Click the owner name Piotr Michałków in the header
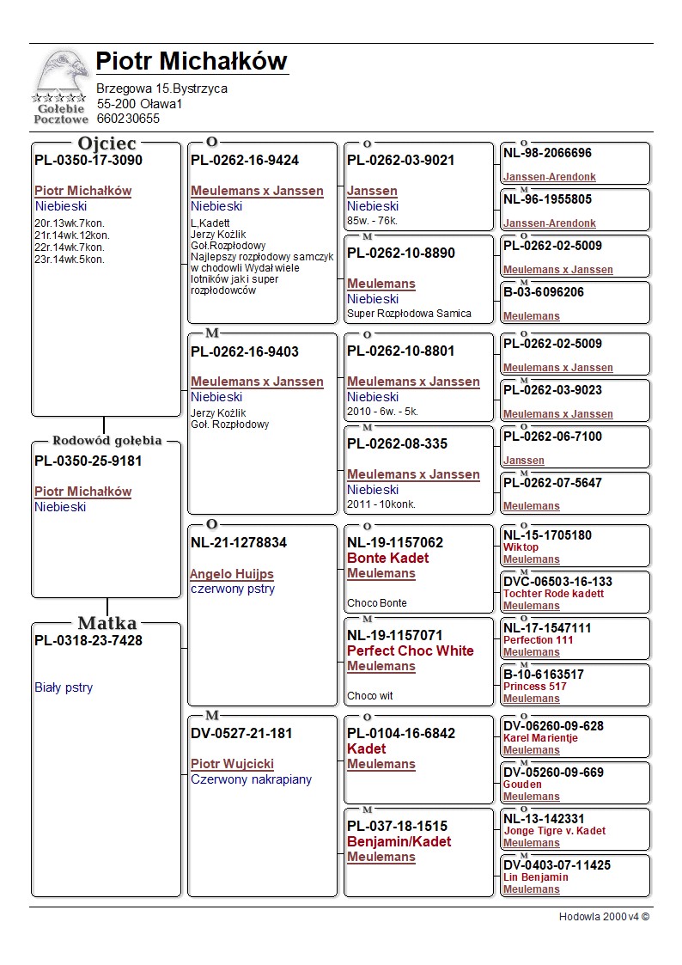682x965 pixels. tap(192, 62)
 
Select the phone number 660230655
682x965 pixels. tap(128, 119)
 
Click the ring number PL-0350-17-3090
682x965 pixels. tap(88, 160)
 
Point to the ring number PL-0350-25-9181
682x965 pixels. tap(88, 461)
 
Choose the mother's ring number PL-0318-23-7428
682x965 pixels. tap(88, 640)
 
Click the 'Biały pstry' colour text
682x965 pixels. tap(64, 687)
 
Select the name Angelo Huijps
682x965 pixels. tap(232, 574)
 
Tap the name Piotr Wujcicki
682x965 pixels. tap(232, 764)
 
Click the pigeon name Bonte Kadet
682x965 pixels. tap(387, 558)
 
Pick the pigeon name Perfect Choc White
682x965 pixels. tap(410, 650)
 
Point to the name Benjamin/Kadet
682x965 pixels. tap(399, 841)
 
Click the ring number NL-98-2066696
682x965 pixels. tap(547, 153)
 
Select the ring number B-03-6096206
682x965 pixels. tap(544, 292)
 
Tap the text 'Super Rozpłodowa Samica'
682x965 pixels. tap(409, 314)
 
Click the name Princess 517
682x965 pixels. tap(534, 687)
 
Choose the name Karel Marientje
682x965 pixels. tap(540, 738)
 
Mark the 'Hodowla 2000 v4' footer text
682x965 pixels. tap(604, 917)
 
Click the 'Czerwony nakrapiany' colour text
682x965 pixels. tap(251, 779)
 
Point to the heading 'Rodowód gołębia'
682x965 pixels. tap(107, 441)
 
